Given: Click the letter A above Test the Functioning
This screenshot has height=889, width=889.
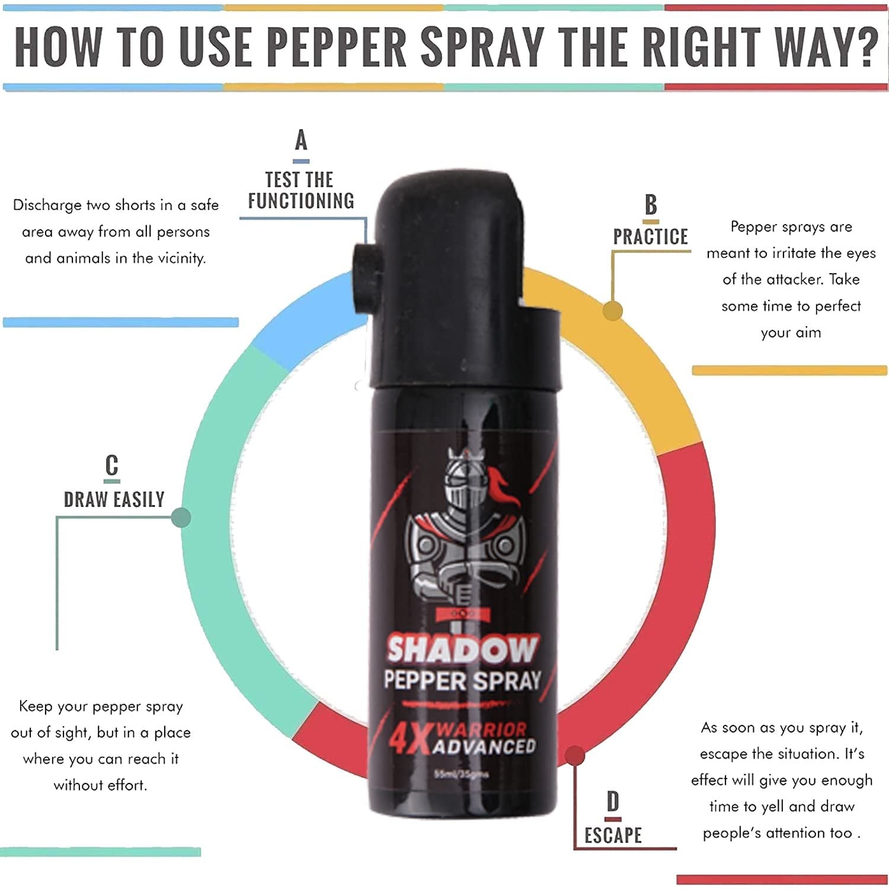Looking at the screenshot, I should [301, 140].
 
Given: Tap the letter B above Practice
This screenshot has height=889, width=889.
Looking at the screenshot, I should [651, 205].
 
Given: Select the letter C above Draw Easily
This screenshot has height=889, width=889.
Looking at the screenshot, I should [112, 466].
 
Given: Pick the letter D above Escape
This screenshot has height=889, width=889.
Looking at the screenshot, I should [613, 802].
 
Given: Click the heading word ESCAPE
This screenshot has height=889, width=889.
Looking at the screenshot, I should [613, 836].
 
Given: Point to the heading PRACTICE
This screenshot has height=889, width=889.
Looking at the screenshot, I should [650, 236].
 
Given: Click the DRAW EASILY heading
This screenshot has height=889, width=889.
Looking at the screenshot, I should [114, 500].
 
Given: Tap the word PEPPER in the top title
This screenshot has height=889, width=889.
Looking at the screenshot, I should [337, 46].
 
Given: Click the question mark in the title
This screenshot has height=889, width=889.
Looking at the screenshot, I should [864, 46].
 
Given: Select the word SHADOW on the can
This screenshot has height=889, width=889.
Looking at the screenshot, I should [462, 650].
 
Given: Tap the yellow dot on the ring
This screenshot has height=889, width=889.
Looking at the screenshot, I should [612, 311].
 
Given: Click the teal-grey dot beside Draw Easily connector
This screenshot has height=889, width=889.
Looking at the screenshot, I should [180, 517].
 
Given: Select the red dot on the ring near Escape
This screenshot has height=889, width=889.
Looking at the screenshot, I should [574, 756].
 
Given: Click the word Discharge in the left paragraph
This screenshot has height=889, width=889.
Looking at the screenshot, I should [47, 205].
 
